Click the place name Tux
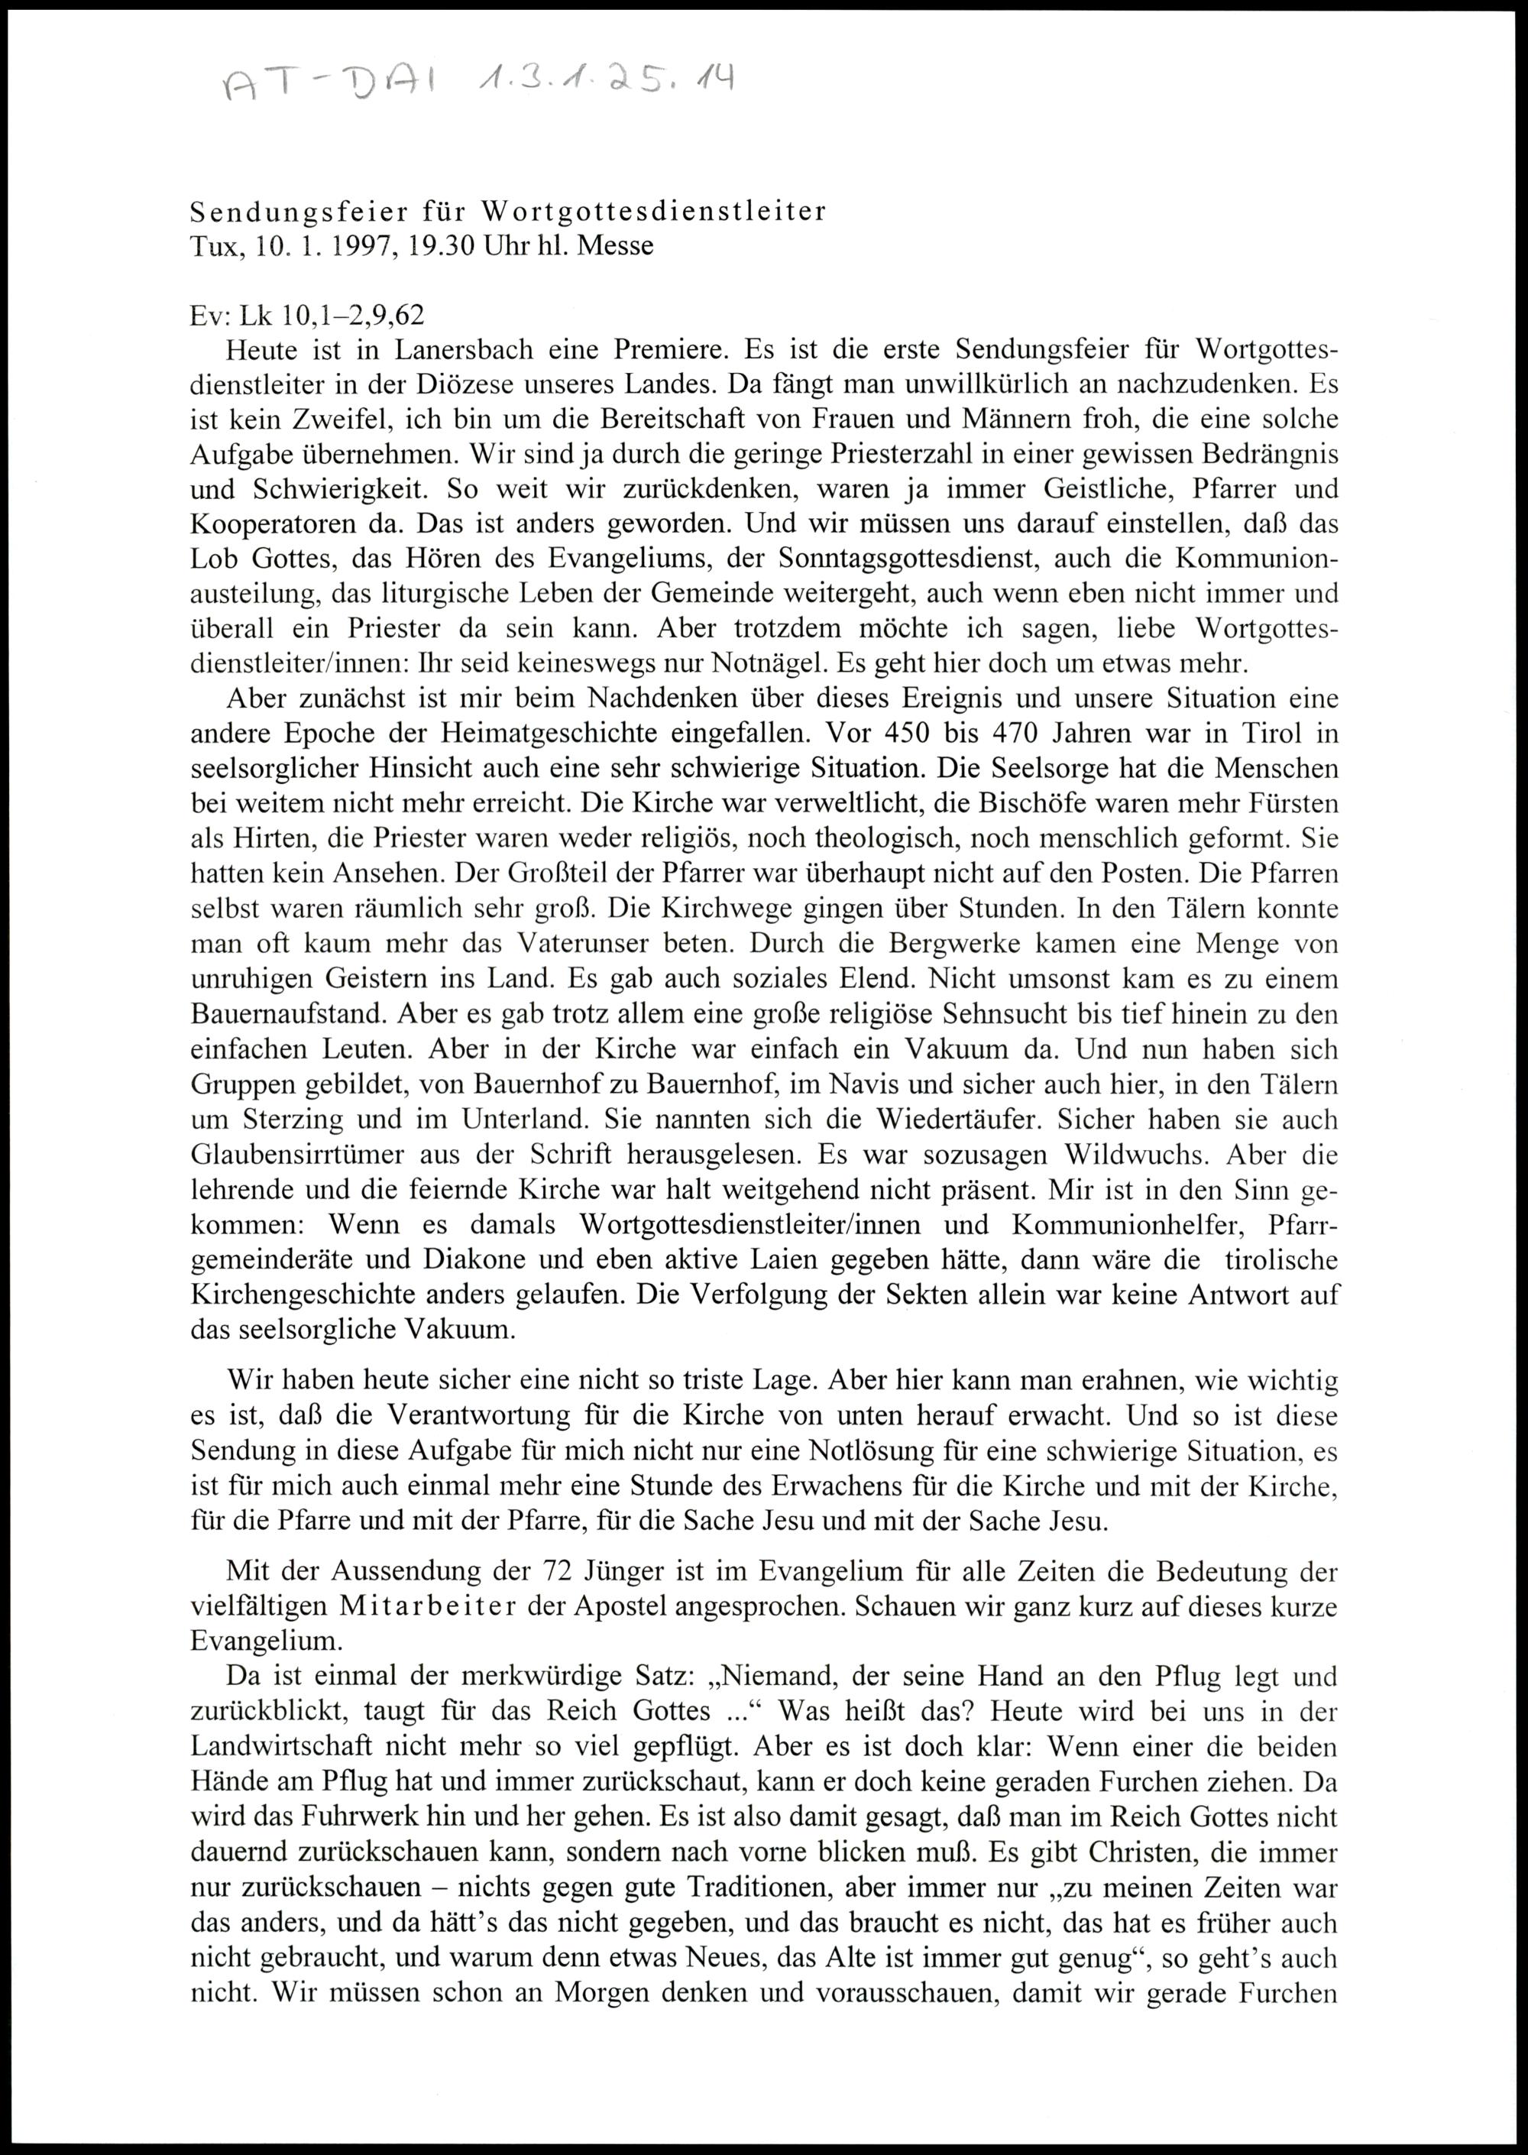pos(209,247)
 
